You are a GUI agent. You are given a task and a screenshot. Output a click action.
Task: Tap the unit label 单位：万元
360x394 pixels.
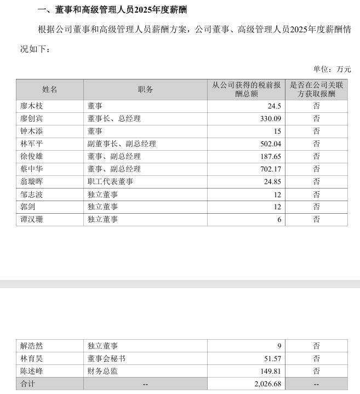point(332,69)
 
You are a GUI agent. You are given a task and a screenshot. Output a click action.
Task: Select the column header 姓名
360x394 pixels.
point(50,89)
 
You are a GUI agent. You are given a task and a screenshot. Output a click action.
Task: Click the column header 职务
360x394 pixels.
point(145,89)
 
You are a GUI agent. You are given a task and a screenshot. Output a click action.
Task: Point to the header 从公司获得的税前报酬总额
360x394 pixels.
point(246,89)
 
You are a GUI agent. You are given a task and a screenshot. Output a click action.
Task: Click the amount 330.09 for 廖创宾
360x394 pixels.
point(270,119)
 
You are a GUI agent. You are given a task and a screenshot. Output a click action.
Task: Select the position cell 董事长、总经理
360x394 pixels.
point(114,119)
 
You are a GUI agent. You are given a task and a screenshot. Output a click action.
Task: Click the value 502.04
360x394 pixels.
point(270,144)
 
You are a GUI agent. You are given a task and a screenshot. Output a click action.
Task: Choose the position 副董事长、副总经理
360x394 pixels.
point(122,144)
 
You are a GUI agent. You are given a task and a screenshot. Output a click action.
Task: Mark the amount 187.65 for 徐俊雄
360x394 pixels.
point(270,157)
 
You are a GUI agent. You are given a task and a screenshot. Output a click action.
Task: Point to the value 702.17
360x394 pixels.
point(270,169)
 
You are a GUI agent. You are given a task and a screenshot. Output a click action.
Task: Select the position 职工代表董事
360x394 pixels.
point(110,182)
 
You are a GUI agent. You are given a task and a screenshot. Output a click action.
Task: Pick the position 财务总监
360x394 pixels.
point(102,372)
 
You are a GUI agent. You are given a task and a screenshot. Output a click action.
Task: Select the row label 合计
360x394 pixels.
point(27,384)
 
